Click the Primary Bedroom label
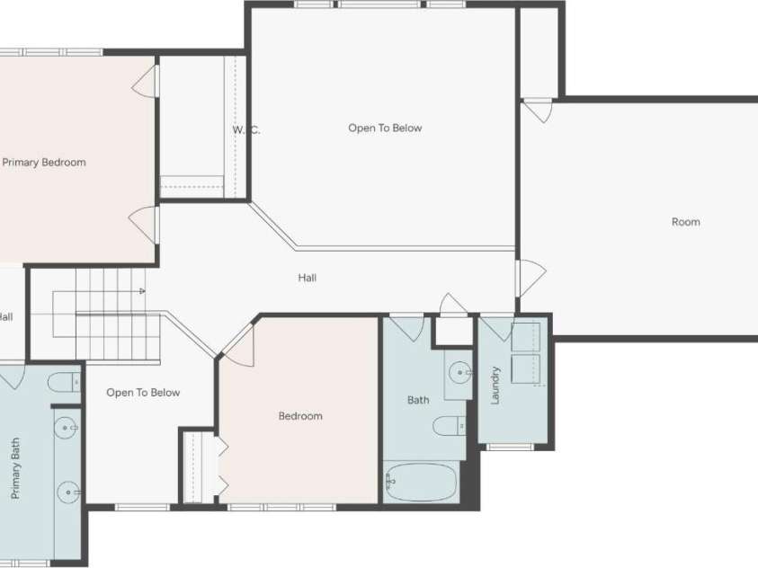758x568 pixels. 44,163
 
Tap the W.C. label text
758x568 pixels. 245,129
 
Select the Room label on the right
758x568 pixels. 685,222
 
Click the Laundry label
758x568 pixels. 495,385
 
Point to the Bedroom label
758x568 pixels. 299,416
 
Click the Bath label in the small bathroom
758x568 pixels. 418,400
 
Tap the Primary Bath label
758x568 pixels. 15,469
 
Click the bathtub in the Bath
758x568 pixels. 421,483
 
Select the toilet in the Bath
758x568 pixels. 448,424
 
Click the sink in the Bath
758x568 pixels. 459,369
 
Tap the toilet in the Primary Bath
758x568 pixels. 62,384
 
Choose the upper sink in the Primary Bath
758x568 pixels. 66,429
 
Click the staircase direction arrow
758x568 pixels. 141,291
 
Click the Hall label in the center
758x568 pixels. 307,278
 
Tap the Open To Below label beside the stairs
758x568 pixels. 143,393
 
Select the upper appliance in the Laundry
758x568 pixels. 525,337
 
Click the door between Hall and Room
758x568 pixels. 529,278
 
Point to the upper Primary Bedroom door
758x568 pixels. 147,82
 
